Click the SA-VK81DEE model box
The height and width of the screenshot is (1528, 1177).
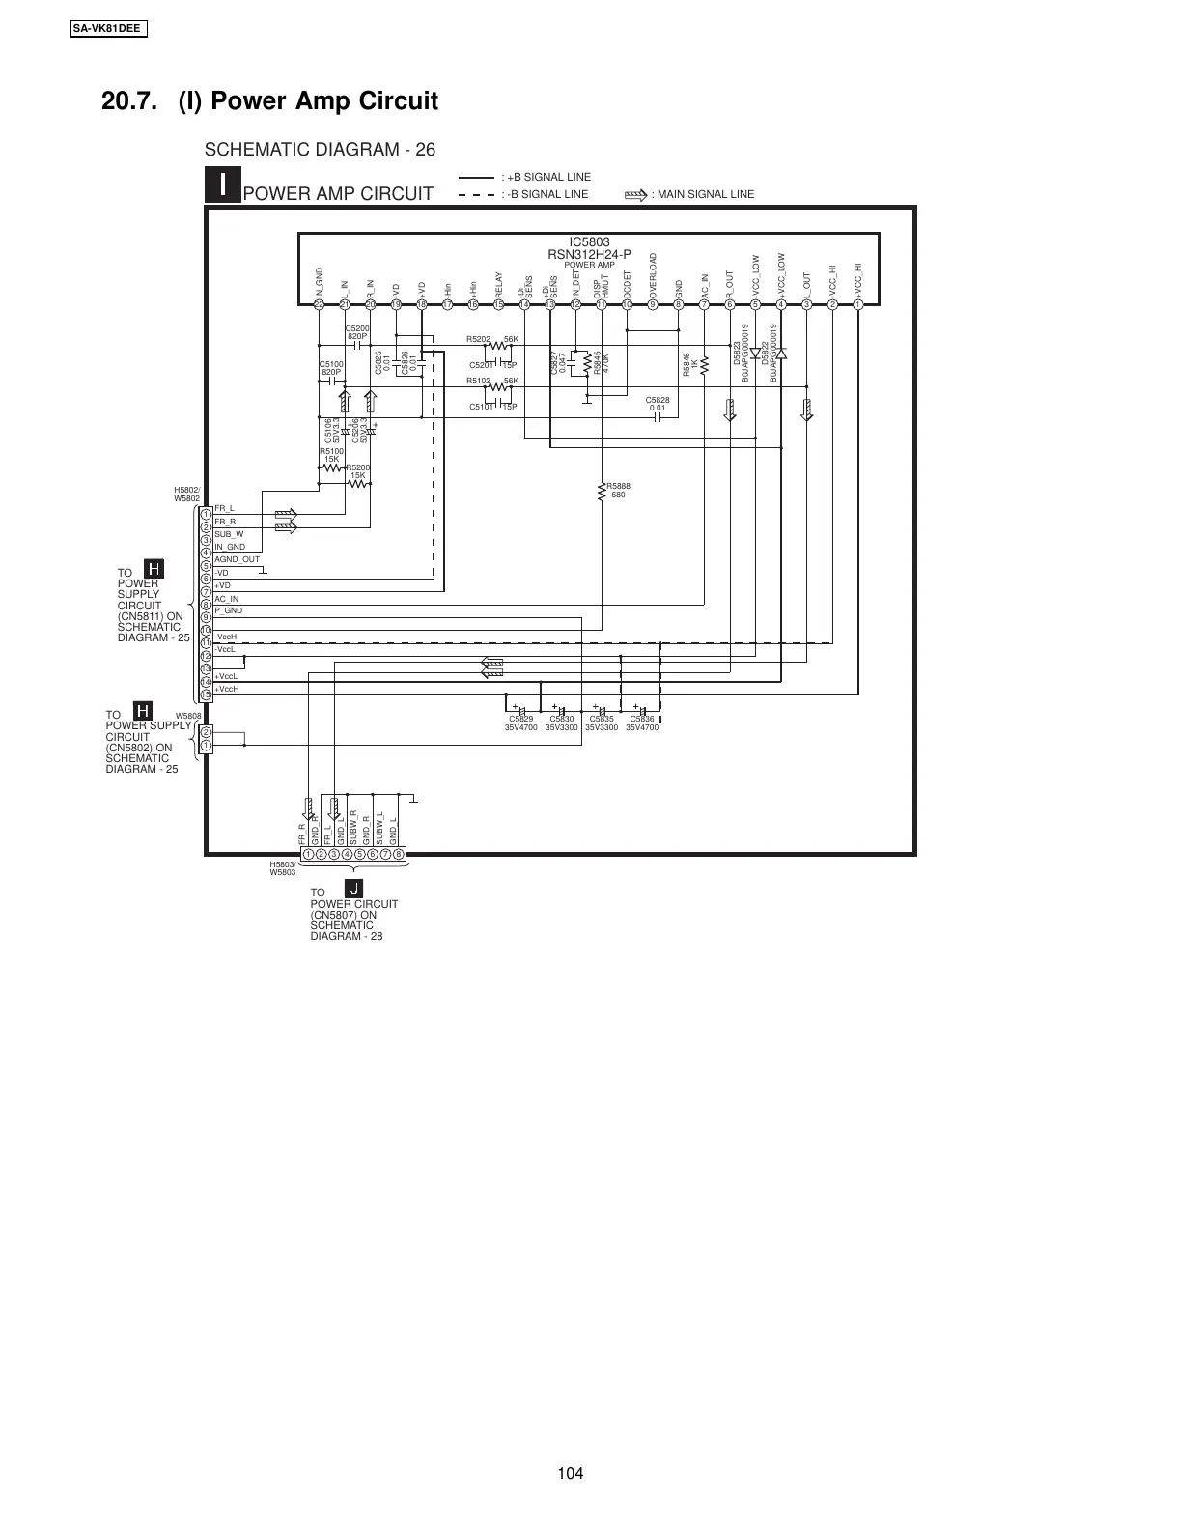click(x=107, y=28)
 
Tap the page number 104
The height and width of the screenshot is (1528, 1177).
click(x=571, y=1473)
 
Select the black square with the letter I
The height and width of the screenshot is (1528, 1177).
click(x=223, y=184)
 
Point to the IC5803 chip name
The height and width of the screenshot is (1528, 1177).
click(x=589, y=242)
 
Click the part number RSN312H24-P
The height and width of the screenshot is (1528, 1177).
click(x=589, y=254)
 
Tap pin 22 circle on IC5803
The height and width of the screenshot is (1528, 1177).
click(x=319, y=304)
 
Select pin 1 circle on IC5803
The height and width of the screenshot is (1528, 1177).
click(x=857, y=304)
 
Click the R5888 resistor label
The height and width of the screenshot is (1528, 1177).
click(x=618, y=486)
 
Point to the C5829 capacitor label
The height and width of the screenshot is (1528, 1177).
click(x=520, y=719)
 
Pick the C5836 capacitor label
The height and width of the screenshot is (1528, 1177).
click(x=642, y=719)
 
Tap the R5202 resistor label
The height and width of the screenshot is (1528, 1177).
click(x=478, y=339)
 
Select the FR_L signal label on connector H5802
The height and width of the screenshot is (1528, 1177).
click(x=224, y=508)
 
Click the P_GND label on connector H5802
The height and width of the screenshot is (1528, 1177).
click(x=228, y=611)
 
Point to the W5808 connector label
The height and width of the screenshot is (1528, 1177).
click(x=187, y=717)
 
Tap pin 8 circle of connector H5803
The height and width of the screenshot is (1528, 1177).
click(x=399, y=854)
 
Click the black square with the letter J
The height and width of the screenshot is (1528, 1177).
click(x=353, y=889)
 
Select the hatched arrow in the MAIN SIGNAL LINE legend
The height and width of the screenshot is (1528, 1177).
click(x=636, y=194)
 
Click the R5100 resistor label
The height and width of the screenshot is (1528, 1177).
click(x=331, y=451)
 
